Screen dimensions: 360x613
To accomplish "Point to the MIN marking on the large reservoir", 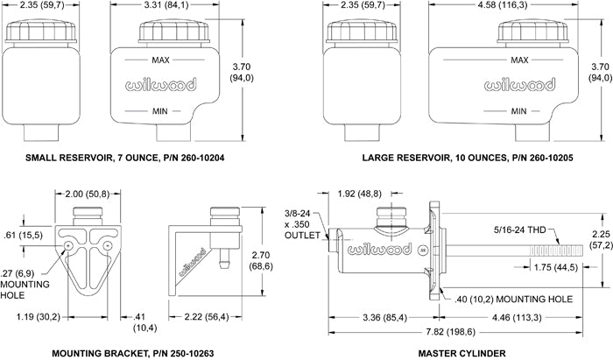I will pyautogui.click(x=518, y=111).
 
